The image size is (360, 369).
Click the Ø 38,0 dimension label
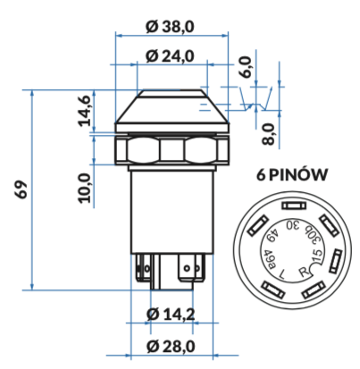[x=170, y=26]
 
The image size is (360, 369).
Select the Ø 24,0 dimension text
[x=170, y=56]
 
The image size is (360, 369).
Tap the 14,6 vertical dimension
[x=84, y=110]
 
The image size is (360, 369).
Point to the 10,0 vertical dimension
[x=84, y=188]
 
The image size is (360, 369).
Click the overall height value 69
[x=21, y=189]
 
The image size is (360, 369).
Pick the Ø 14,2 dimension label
[x=171, y=314]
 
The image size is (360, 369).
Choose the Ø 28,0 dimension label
[x=171, y=346]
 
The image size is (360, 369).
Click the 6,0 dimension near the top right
[x=247, y=67]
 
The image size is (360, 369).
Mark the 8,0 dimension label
[x=268, y=134]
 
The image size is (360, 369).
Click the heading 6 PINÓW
[x=292, y=174]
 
